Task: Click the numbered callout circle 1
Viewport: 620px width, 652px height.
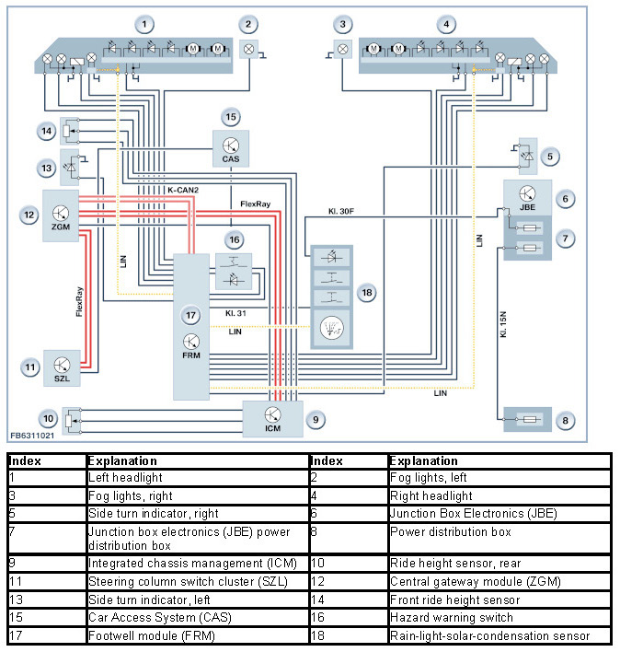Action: [143, 23]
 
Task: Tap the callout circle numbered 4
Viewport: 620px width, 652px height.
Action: [446, 23]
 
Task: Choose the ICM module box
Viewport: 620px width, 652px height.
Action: [272, 419]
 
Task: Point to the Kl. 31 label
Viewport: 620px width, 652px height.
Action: [237, 313]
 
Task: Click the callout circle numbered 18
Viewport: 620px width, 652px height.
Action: [368, 293]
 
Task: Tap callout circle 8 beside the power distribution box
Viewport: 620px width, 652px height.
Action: [567, 421]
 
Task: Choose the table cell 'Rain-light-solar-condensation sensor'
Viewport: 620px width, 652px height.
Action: [488, 635]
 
